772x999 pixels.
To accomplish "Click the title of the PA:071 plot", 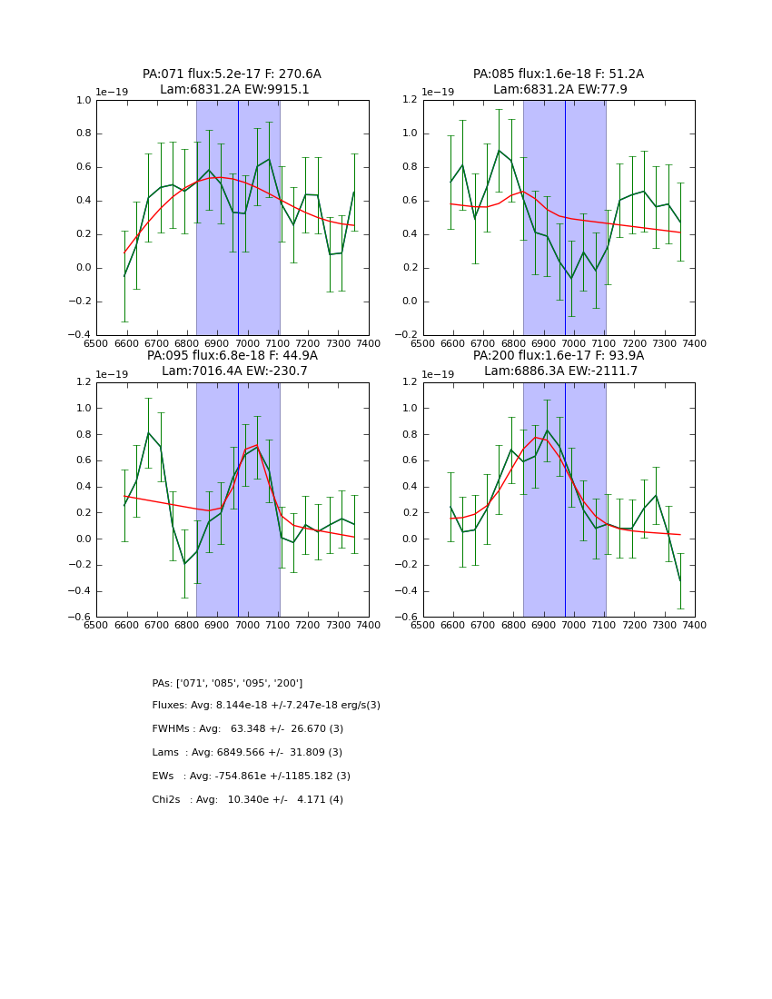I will pyautogui.click(x=232, y=82).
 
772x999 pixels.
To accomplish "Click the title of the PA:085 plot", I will pyautogui.click(x=559, y=82).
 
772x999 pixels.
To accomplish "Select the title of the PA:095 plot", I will pyautogui.click(x=232, y=363).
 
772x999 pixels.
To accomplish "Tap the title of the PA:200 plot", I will pyautogui.click(x=559, y=363).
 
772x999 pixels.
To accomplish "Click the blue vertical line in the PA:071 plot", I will pyautogui.click(x=238, y=272).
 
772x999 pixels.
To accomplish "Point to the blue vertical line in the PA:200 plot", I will pyautogui.click(x=565, y=563).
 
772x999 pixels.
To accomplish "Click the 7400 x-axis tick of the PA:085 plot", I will pyautogui.click(x=695, y=342).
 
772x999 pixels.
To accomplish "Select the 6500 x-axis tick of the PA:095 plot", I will pyautogui.click(x=96, y=624).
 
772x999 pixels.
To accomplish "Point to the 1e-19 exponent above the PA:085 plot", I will pyautogui.click(x=438, y=93).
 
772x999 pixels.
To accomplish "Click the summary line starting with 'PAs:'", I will pyautogui.click(x=227, y=683).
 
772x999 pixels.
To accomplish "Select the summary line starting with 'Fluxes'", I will pyautogui.click(x=266, y=706).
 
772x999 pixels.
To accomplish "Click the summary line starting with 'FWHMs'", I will pyautogui.click(x=247, y=729).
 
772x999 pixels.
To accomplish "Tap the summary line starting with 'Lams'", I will pyautogui.click(x=247, y=753).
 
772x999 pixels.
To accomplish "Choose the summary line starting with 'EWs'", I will pyautogui.click(x=251, y=776).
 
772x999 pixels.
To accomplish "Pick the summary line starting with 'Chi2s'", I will pyautogui.click(x=247, y=800).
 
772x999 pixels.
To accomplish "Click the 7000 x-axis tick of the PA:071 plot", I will pyautogui.click(x=247, y=342).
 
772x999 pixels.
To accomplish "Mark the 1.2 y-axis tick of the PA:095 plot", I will pyautogui.click(x=84, y=382).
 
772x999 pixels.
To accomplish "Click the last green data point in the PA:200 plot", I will pyautogui.click(x=680, y=581).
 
